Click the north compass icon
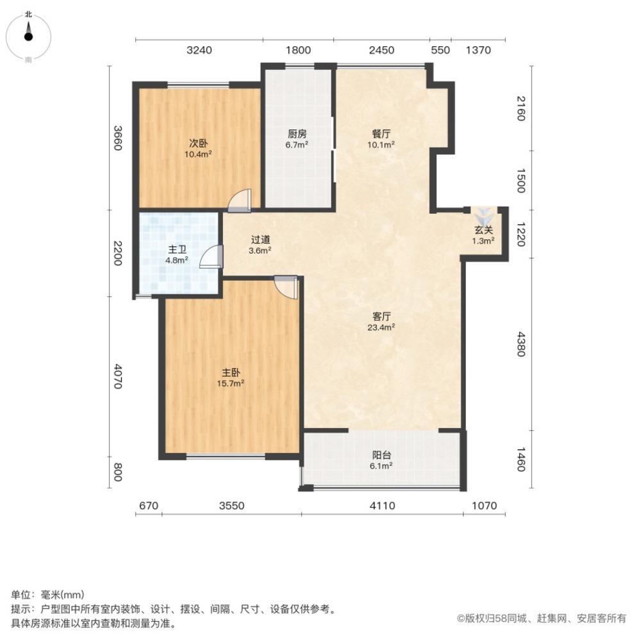28,35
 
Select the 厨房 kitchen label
297,134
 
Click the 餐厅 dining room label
381,134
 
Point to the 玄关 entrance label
483,230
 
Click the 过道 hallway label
260,240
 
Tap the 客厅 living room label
382,316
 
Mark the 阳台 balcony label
381,456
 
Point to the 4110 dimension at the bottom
382,506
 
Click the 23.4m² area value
382,327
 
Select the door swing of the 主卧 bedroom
287,287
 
